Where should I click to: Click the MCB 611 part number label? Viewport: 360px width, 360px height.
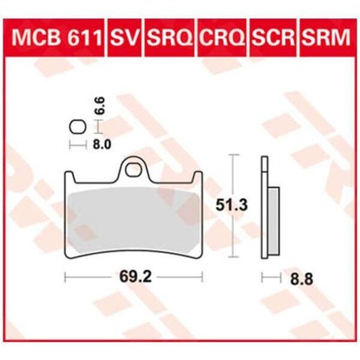57,37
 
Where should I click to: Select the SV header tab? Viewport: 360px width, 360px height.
125,37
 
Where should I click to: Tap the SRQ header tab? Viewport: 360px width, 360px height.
170,37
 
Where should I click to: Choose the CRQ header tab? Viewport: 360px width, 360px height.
223,37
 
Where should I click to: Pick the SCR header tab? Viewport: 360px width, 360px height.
273,37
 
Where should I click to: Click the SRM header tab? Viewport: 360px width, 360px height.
326,37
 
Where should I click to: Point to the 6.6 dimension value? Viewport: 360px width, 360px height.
99,106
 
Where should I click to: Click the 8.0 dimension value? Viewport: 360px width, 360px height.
102,144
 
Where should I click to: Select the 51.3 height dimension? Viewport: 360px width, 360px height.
231,205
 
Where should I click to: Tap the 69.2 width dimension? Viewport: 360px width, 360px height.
136,277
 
